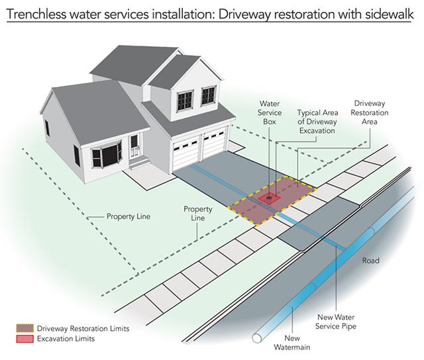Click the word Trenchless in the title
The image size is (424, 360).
tap(36, 14)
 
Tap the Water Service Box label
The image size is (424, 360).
tap(270, 112)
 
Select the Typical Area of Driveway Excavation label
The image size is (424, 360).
tap(317, 122)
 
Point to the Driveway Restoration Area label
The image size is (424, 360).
tap(370, 112)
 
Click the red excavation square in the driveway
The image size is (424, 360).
tap(269, 199)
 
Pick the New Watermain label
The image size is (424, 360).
tap(291, 342)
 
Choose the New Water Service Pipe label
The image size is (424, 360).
tap(336, 322)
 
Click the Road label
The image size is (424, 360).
tap(370, 260)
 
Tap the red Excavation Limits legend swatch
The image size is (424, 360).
tap(25, 339)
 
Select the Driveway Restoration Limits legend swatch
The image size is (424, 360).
tap(25, 328)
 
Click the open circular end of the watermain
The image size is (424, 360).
tap(257, 338)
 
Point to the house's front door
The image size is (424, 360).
tap(134, 147)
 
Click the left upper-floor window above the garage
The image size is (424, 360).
tap(185, 101)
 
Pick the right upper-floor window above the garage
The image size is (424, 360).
tap(209, 95)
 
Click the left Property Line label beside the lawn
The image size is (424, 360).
tap(129, 216)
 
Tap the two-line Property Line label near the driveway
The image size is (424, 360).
tap(197, 213)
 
